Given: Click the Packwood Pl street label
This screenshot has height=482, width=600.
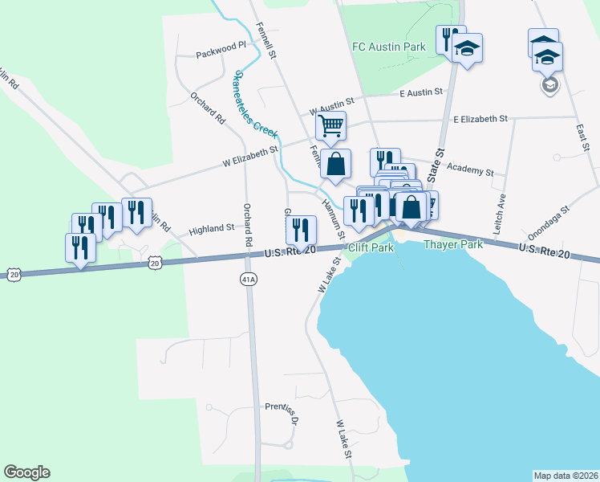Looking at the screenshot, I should pos(221,55).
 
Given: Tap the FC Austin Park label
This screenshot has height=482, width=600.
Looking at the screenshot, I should pos(389,47).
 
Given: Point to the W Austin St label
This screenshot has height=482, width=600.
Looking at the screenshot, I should pos(331,104).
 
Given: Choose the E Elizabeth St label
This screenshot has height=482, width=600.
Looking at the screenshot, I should pos(480,119).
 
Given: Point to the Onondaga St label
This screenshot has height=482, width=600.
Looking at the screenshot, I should pos(548,218).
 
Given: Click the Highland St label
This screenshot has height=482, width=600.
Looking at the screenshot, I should pos(211,230).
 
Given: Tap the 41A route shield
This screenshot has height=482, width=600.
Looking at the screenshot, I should pos(249,279).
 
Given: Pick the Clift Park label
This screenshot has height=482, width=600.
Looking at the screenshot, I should pos(371,248).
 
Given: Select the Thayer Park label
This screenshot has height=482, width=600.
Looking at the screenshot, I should pos(453,244).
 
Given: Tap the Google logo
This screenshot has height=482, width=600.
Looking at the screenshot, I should pos(26,472).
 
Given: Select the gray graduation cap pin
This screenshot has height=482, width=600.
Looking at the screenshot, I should pos(549,84).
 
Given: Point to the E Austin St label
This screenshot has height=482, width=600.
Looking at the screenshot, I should pos(421,93).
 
